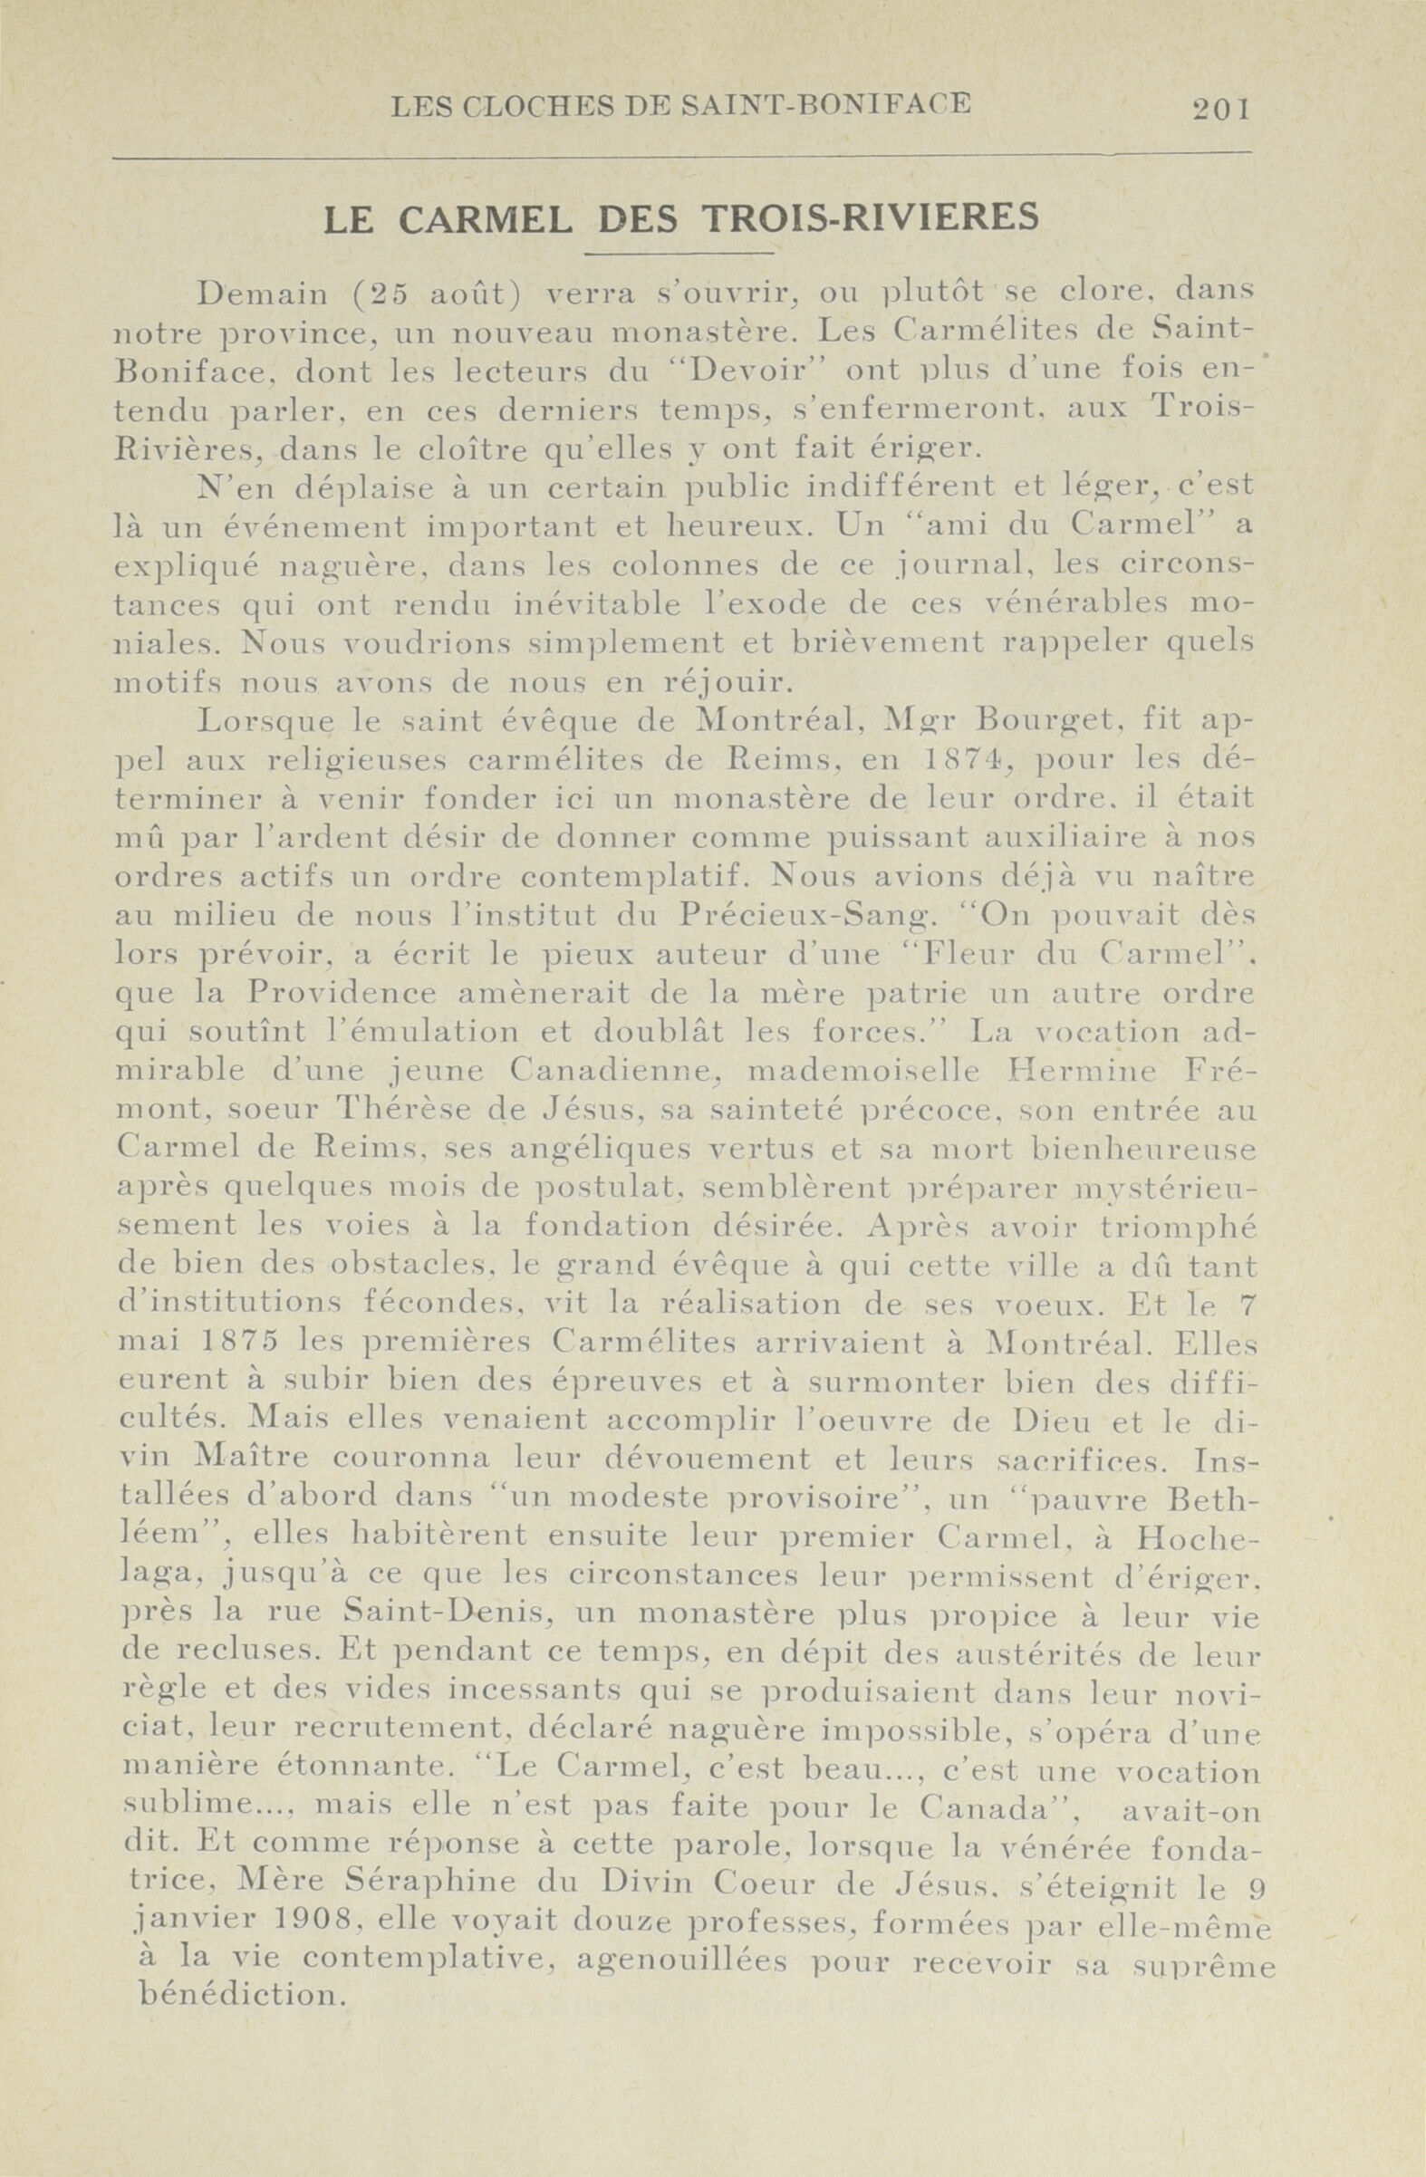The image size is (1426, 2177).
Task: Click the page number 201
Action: click(1221, 109)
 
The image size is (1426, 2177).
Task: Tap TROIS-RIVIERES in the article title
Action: click(870, 218)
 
